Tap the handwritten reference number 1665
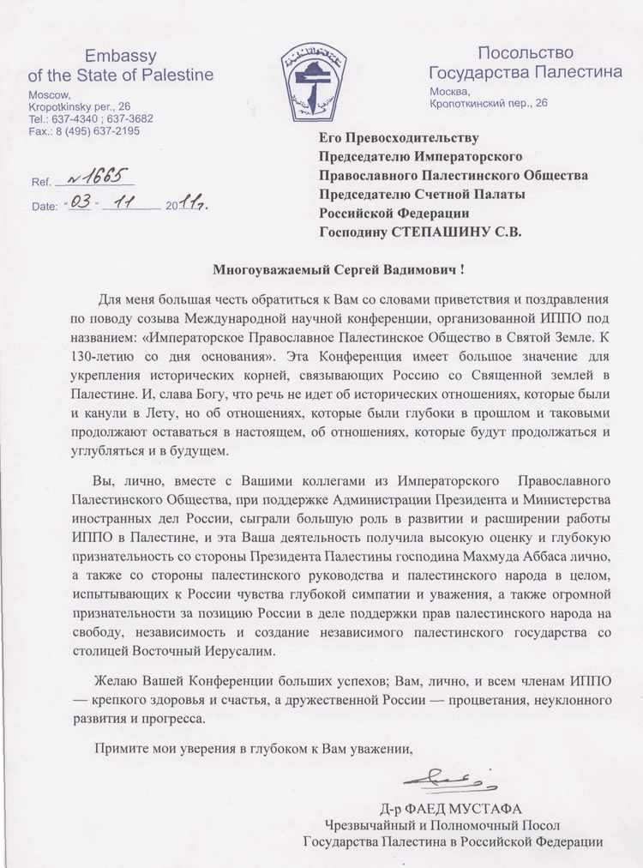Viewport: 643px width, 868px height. coord(93,177)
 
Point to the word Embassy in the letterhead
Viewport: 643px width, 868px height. coord(119,57)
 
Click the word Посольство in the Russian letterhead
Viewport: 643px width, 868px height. coord(526,54)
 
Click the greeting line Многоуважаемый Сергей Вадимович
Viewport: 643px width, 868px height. coord(339,270)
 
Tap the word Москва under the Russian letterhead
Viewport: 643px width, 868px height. coord(448,92)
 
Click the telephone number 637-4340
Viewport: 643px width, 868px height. coord(70,119)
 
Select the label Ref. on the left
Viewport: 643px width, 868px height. coord(40,183)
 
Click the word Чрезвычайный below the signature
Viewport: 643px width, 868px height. coord(377,825)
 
